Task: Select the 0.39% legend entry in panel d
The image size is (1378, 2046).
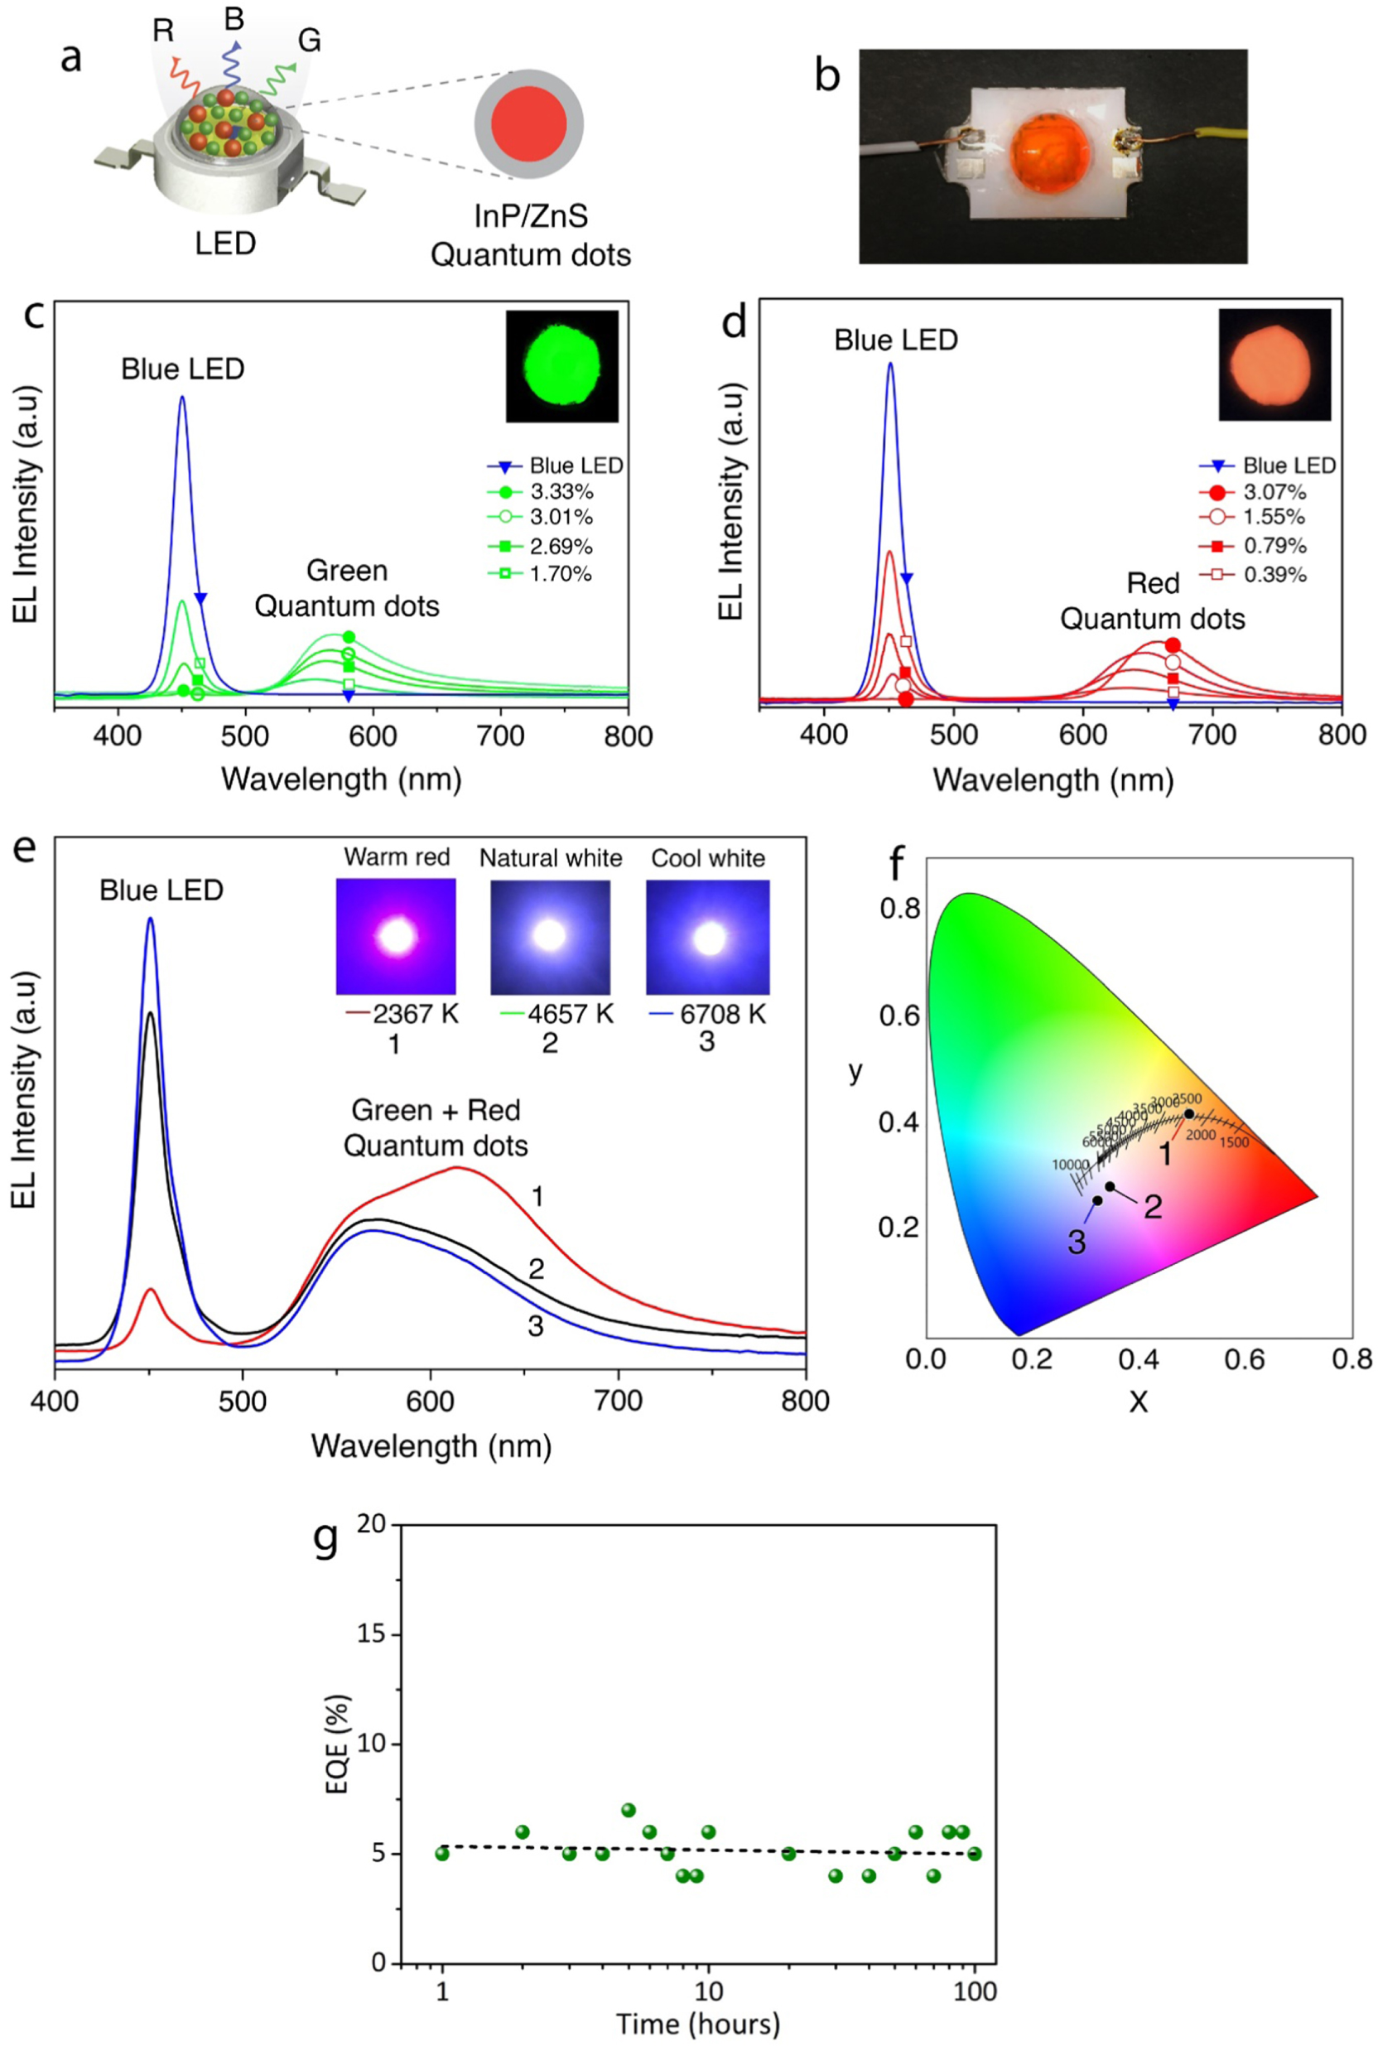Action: coord(1274,575)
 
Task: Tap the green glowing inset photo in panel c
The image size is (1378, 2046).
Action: coord(561,365)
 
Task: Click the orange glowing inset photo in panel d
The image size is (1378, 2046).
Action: coord(1274,364)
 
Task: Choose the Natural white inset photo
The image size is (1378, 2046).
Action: coord(550,936)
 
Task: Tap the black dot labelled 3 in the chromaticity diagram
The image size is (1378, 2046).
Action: coord(1096,1200)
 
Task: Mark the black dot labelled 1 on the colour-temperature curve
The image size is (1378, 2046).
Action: coord(1189,1113)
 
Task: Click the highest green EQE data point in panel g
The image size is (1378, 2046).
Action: coord(629,1810)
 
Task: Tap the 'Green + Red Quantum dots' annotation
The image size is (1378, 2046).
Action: coord(436,1127)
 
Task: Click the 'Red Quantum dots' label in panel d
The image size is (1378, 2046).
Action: coord(1152,601)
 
